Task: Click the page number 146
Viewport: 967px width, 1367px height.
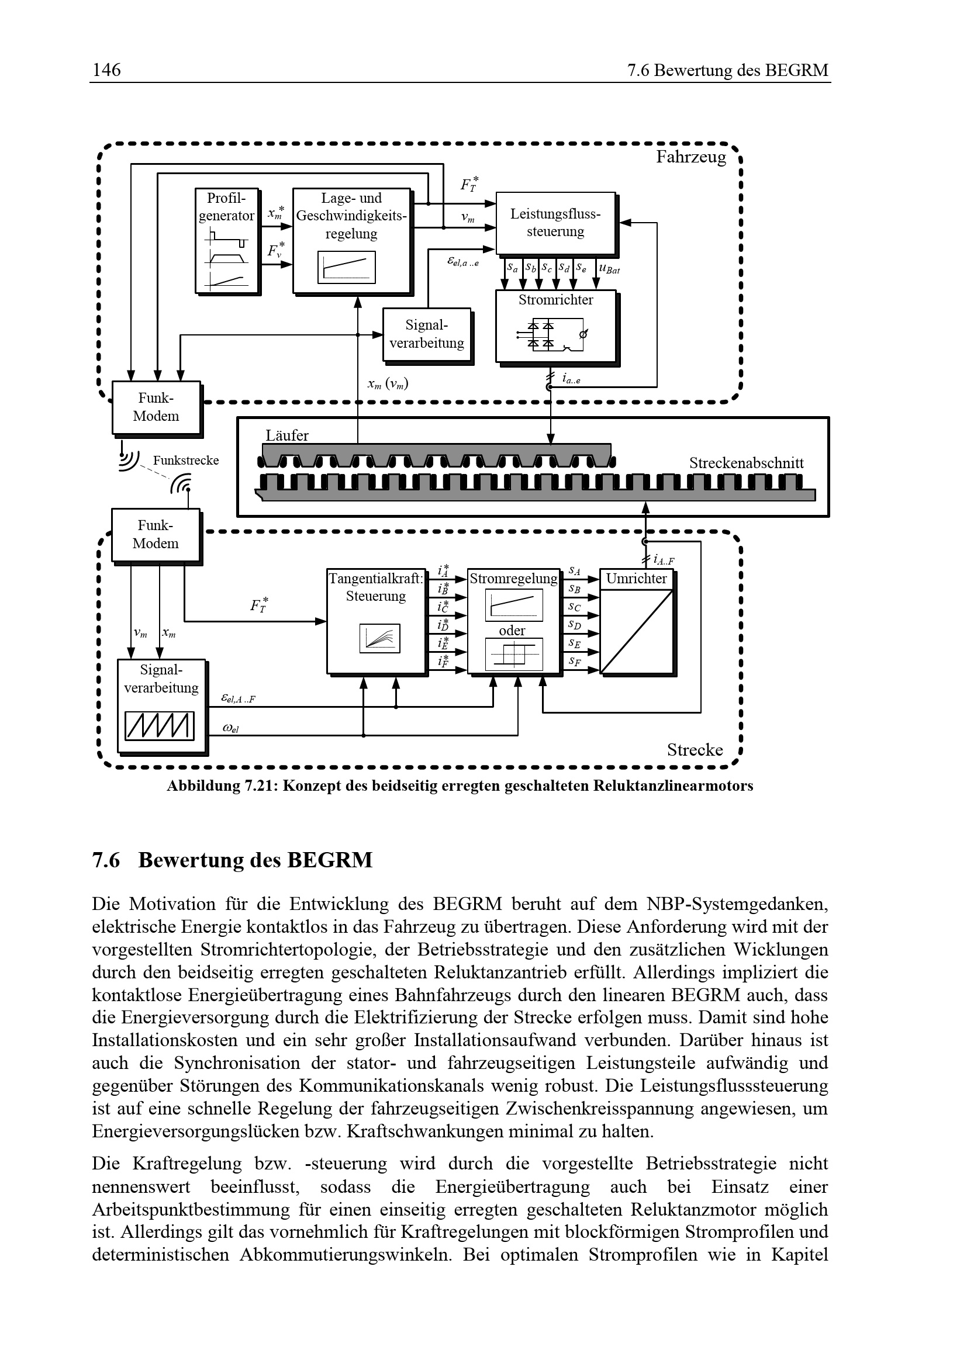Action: click(x=106, y=70)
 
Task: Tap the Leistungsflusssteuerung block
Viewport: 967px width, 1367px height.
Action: click(x=555, y=223)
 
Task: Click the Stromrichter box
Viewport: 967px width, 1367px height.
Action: click(x=555, y=326)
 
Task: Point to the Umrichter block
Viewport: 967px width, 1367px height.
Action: click(x=637, y=622)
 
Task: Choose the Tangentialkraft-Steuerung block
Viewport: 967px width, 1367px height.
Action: click(x=376, y=621)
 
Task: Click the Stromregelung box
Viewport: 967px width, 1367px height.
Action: click(x=513, y=621)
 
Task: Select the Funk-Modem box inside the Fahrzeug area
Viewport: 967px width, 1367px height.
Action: click(x=156, y=407)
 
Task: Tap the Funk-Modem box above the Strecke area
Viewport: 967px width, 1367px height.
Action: click(x=156, y=535)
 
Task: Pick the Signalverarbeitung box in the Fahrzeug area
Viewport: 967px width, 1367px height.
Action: click(x=426, y=334)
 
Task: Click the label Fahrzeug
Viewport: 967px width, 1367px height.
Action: click(x=690, y=157)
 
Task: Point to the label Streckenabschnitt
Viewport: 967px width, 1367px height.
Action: click(x=746, y=463)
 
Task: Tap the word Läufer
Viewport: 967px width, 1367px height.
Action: click(x=287, y=435)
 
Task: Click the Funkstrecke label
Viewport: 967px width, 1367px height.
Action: click(x=186, y=460)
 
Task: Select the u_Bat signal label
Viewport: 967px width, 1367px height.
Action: click(x=609, y=269)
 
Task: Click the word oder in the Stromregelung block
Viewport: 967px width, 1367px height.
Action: click(x=512, y=631)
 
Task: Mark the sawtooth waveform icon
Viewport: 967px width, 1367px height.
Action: click(x=160, y=726)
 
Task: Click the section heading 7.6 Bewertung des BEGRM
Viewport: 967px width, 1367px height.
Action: click(x=232, y=860)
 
